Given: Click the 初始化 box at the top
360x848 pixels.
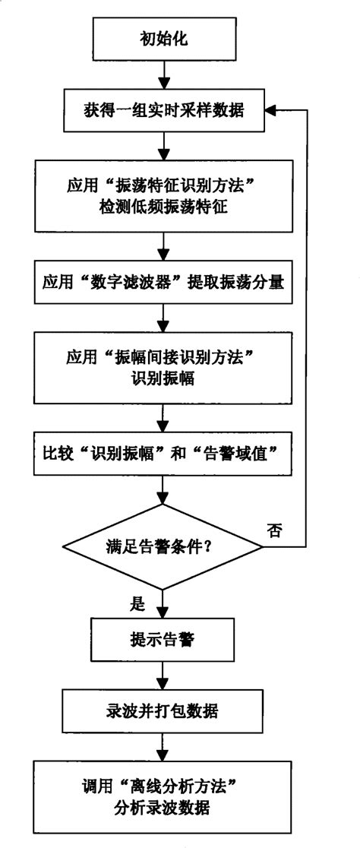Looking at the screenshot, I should click(x=163, y=38).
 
